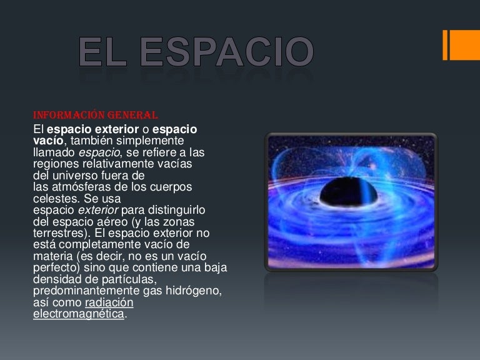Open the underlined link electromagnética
click(78, 314)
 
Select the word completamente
click(96, 244)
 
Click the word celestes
click(56, 199)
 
